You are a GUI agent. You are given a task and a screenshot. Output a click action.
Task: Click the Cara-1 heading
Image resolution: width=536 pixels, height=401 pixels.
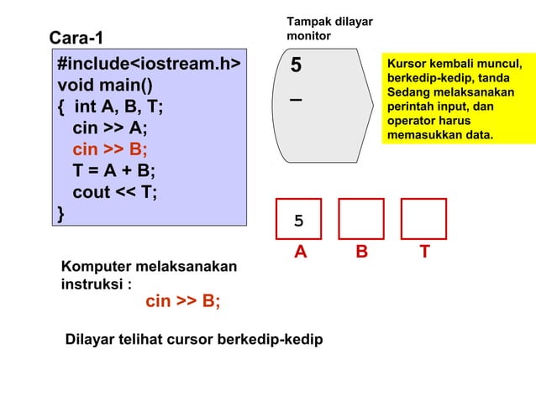(x=77, y=38)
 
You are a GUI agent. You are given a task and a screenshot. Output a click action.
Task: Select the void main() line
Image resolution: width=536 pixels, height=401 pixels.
(x=104, y=86)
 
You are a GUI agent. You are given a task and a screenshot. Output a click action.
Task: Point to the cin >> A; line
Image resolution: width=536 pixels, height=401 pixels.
(x=109, y=128)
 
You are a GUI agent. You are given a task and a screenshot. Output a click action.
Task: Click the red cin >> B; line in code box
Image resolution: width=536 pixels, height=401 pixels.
(x=109, y=150)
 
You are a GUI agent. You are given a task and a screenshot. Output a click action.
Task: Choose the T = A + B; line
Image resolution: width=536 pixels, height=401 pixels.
(x=113, y=171)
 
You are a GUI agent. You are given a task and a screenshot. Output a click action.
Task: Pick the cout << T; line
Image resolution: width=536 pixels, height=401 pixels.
(x=114, y=193)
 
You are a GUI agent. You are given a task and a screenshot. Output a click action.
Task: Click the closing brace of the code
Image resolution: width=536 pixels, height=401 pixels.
(x=60, y=214)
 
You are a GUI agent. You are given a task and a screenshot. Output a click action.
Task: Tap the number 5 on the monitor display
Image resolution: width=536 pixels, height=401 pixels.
(x=296, y=65)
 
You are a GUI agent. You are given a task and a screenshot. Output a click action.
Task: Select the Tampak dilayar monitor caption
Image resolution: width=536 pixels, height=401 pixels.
(x=318, y=29)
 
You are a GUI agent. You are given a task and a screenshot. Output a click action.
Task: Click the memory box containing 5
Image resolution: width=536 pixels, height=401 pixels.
(x=299, y=220)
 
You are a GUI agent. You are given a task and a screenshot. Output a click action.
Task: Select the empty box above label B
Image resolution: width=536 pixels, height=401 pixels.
(x=361, y=220)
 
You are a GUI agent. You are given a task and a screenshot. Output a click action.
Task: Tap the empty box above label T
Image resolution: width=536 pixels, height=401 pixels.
(x=423, y=220)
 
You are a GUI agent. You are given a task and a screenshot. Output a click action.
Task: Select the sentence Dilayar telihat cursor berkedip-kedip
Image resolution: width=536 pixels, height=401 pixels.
(x=193, y=340)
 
